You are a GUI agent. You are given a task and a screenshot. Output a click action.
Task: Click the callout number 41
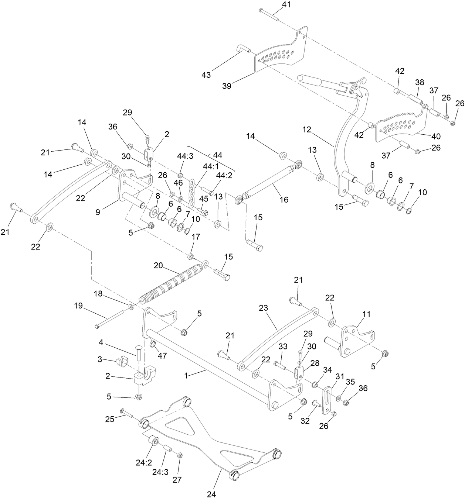tap(286, 5)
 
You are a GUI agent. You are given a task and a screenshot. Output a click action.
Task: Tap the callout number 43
tap(206, 75)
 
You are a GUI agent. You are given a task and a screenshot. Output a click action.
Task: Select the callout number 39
tap(227, 86)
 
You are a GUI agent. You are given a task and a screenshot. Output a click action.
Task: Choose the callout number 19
tap(78, 306)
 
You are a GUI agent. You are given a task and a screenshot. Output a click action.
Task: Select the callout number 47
tap(163, 356)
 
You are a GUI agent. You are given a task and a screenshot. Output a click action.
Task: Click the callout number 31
tap(340, 376)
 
